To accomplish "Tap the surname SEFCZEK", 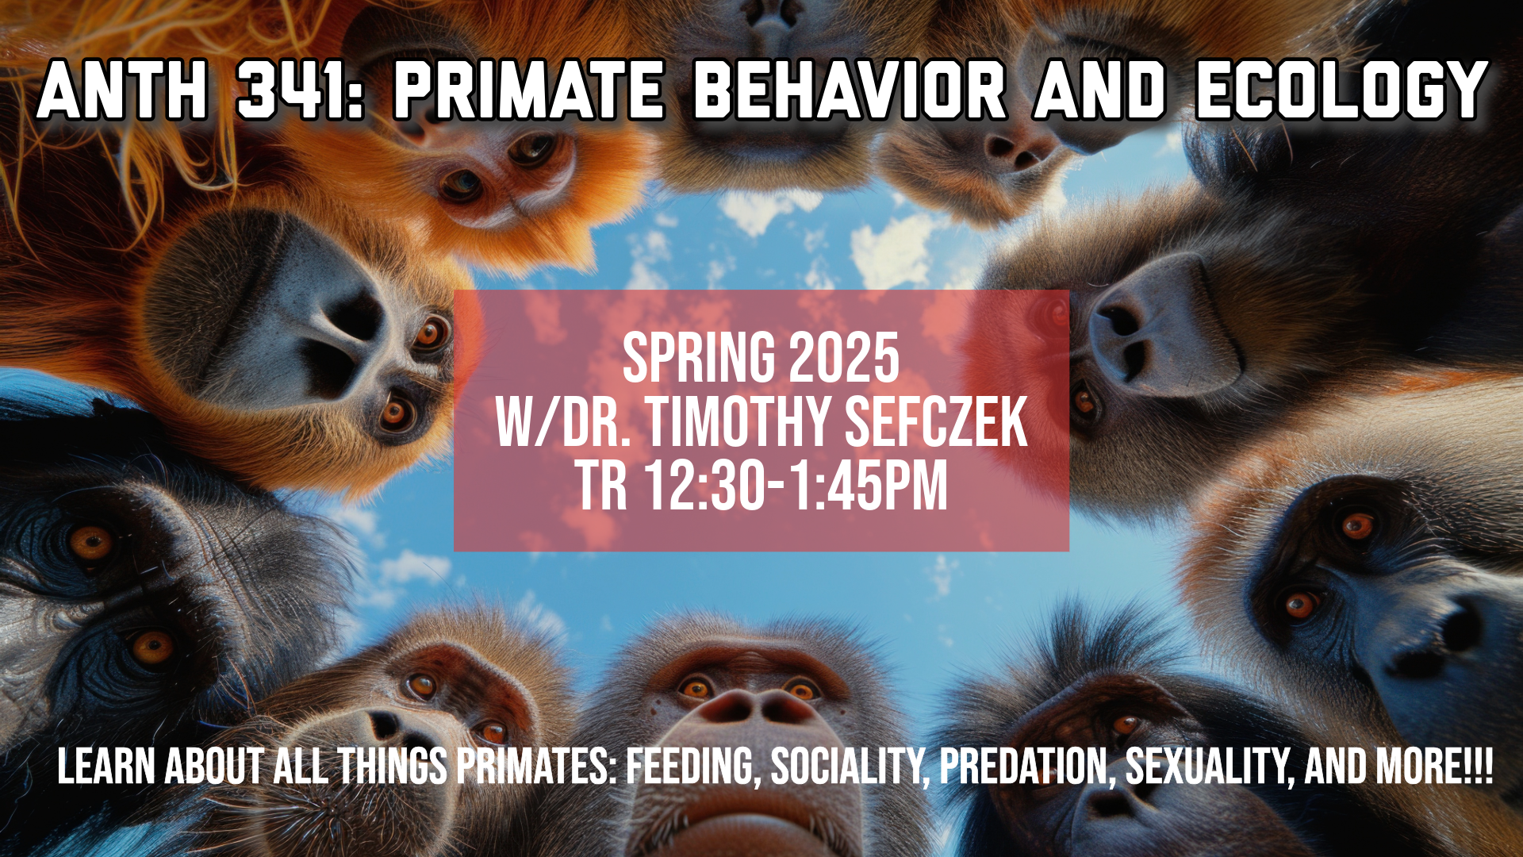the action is pyautogui.click(x=936, y=422).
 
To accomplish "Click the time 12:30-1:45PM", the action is pyautogui.click(x=796, y=486).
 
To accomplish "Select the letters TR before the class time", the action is pyautogui.click(x=601, y=486).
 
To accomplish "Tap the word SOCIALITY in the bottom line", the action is pyautogui.click(x=850, y=767).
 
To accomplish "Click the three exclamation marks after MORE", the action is pyautogui.click(x=1480, y=767).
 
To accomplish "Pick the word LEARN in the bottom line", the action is pyautogui.click(x=106, y=767).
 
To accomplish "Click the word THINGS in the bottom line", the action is pyautogui.click(x=393, y=767).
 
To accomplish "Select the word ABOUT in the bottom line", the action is pyautogui.click(x=214, y=767).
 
